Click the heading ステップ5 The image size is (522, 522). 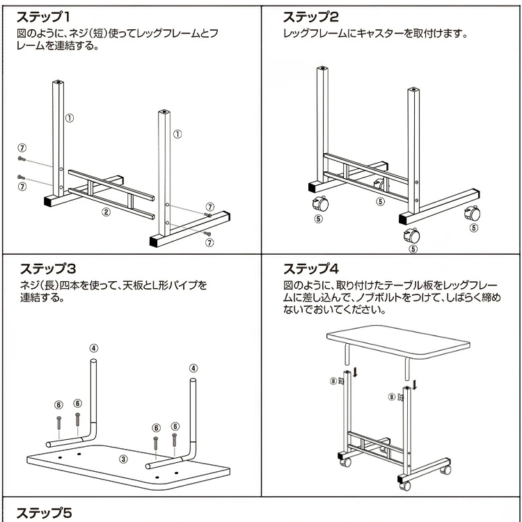(x=44, y=514)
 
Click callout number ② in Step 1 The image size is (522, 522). (x=106, y=213)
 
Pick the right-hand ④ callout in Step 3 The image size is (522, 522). (x=193, y=368)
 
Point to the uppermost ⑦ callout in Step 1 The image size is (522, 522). (x=22, y=148)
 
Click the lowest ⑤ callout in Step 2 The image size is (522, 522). (x=413, y=249)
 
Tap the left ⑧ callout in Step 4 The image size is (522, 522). (x=333, y=381)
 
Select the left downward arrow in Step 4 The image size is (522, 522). (x=355, y=372)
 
